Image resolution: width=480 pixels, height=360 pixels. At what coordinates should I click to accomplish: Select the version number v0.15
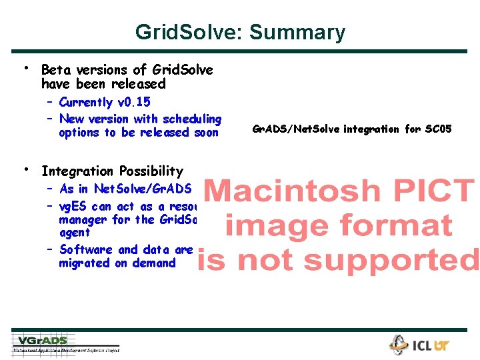point(133,102)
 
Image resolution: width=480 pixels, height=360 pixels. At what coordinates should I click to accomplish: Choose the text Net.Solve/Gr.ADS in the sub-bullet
point(143,189)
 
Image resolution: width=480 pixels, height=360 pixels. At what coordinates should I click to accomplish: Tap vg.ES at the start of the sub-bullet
point(73,207)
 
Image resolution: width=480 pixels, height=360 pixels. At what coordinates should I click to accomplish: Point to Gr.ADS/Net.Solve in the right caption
point(296,129)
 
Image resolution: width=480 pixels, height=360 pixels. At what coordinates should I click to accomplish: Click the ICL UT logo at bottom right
point(420,345)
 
